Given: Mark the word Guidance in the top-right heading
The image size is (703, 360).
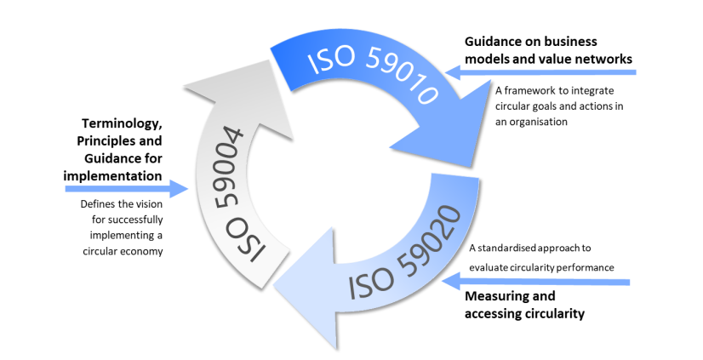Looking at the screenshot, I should click(493, 42).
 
